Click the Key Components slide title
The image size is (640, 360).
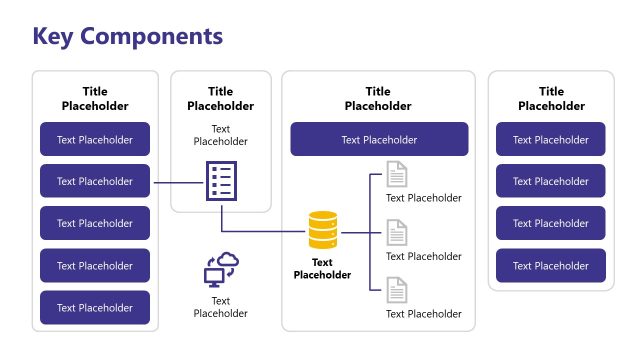[x=128, y=37]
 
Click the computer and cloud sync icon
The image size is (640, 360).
[x=221, y=270]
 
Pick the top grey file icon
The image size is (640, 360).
[x=397, y=175]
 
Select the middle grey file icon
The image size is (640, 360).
[x=397, y=233]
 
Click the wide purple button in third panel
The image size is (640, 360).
[x=379, y=140]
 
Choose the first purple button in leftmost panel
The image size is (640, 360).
[x=95, y=139]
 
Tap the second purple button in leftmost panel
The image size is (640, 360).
[x=95, y=181]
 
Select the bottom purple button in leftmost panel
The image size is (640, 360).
[x=95, y=308]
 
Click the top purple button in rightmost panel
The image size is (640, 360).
[x=551, y=139]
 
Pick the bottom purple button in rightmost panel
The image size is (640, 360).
[x=551, y=266]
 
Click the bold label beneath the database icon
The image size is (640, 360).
[x=322, y=268]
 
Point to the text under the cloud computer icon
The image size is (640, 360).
[x=221, y=307]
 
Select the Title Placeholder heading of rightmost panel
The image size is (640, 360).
[x=551, y=98]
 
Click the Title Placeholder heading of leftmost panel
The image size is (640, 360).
[x=95, y=98]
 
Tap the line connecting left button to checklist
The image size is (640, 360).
[x=177, y=182]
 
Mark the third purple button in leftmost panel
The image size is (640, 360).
[x=95, y=223]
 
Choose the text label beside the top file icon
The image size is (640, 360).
[x=424, y=198]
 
